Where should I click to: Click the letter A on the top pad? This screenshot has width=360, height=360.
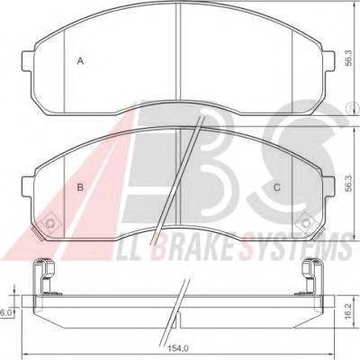coord(80,61)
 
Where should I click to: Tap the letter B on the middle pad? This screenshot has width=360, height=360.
coord(80,188)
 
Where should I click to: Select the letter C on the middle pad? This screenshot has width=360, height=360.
coord(277,188)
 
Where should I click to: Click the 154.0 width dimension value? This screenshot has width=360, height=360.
coord(180,348)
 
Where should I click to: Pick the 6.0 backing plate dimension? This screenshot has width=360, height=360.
coord(5,313)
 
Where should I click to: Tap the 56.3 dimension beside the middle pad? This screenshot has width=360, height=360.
coord(347,184)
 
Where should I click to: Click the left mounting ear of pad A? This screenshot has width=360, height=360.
coord(29,61)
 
